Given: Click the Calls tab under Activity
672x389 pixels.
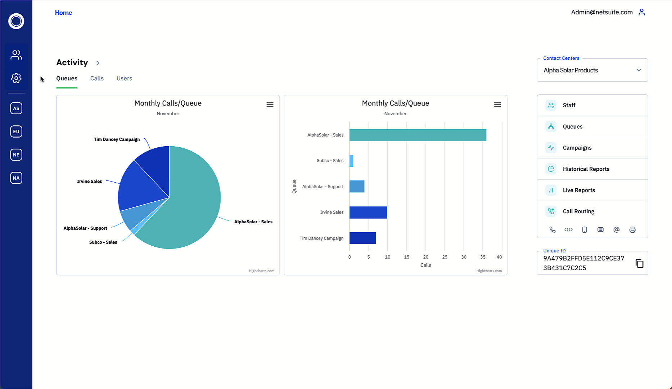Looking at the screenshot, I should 97,79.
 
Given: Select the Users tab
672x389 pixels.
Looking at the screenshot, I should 124,79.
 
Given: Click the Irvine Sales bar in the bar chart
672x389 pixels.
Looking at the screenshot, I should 368,213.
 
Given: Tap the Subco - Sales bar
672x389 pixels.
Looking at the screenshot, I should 351,161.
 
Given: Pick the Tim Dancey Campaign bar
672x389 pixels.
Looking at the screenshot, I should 362,238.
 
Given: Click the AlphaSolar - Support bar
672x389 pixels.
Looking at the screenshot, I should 357,187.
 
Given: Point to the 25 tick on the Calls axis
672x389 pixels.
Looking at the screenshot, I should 445,257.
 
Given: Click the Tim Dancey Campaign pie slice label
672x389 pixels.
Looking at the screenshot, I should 117,139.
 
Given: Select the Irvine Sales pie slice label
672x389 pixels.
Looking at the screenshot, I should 89,182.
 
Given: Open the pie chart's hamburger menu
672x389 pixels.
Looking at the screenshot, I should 270,105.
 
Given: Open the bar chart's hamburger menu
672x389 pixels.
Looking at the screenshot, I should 497,105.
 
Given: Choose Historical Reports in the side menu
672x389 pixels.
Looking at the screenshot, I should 586,169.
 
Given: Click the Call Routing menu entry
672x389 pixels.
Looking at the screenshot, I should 578,211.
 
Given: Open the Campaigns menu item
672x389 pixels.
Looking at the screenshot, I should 577,148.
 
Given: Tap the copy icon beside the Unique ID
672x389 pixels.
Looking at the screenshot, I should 639,264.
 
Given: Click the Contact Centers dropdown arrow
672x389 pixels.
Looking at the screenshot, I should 639,70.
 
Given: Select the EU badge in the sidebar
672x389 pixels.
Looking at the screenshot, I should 16,131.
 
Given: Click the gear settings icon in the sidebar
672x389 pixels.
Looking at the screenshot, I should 16,78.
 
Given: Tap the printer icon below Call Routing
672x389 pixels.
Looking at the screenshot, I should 632,230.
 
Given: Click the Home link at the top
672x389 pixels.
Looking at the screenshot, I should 63,13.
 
